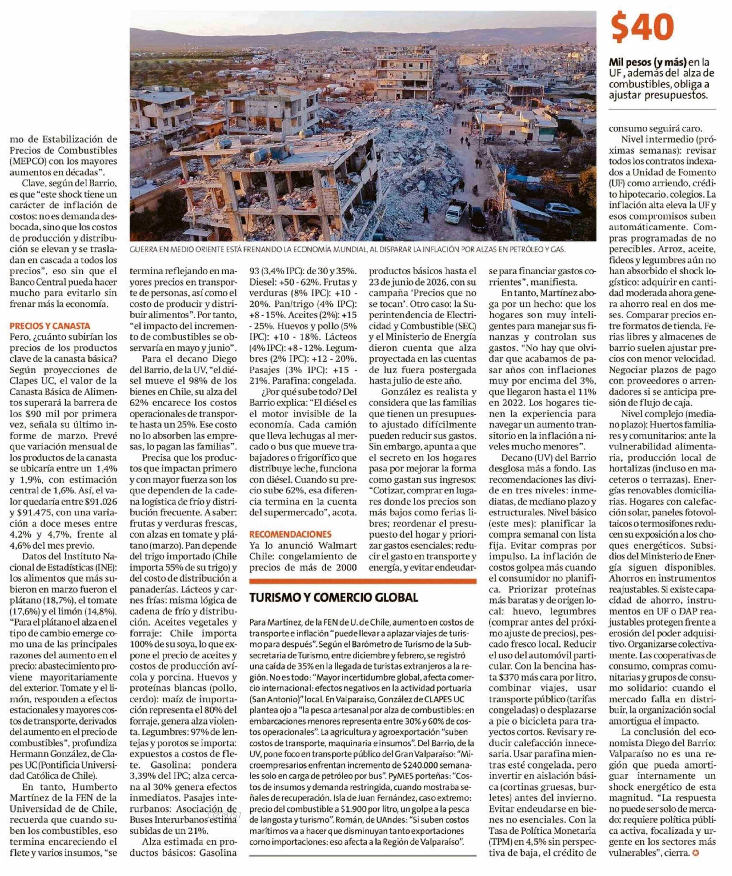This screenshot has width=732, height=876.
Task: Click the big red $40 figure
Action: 642,28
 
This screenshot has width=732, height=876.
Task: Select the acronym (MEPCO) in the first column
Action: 26,161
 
